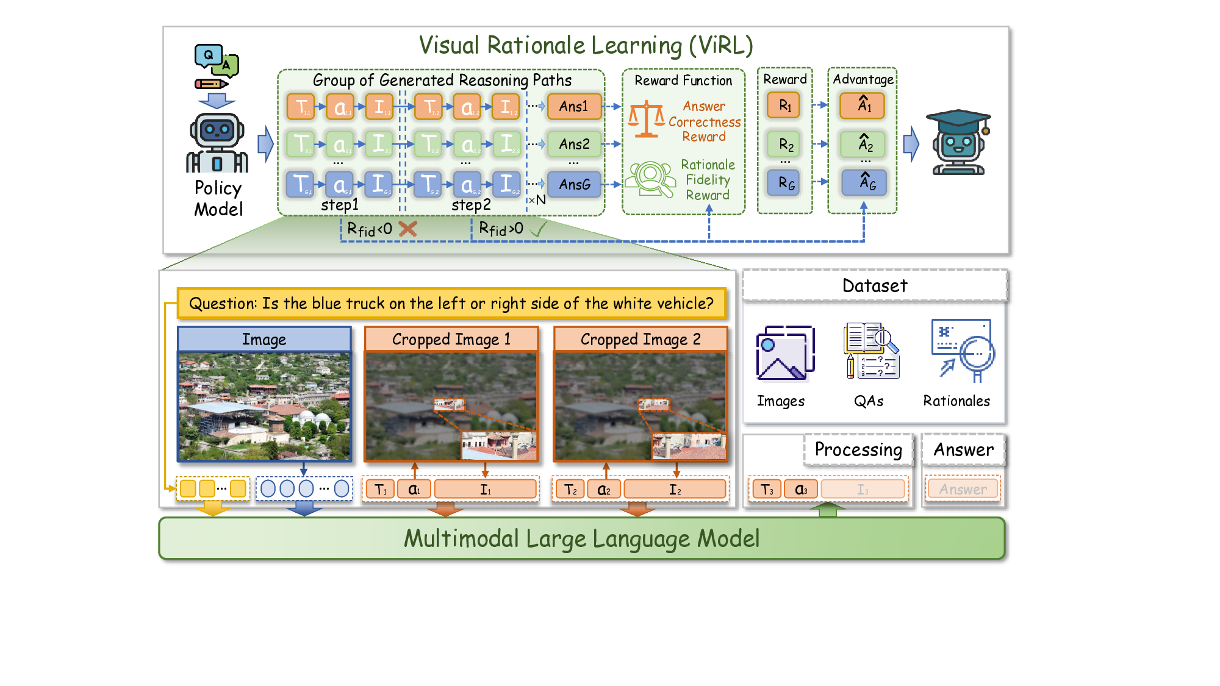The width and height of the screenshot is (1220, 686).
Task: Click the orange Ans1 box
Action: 574,107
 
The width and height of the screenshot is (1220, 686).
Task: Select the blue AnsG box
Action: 574,184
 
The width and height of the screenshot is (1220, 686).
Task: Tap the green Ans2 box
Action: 574,145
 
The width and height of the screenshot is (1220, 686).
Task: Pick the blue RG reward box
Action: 786,183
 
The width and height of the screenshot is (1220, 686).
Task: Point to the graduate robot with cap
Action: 957,144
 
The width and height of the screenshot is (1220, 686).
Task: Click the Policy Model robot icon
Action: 217,143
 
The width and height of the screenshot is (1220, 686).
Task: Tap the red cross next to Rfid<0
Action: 407,229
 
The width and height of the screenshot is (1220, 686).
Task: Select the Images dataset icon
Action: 784,354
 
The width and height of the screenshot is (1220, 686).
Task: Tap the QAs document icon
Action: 870,351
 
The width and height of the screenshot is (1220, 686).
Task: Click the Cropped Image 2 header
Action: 640,339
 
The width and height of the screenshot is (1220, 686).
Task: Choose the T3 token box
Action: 766,490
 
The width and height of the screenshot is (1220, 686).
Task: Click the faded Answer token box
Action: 963,490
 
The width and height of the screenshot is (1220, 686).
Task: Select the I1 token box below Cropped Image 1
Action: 485,490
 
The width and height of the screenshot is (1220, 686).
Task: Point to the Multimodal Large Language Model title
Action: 581,539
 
